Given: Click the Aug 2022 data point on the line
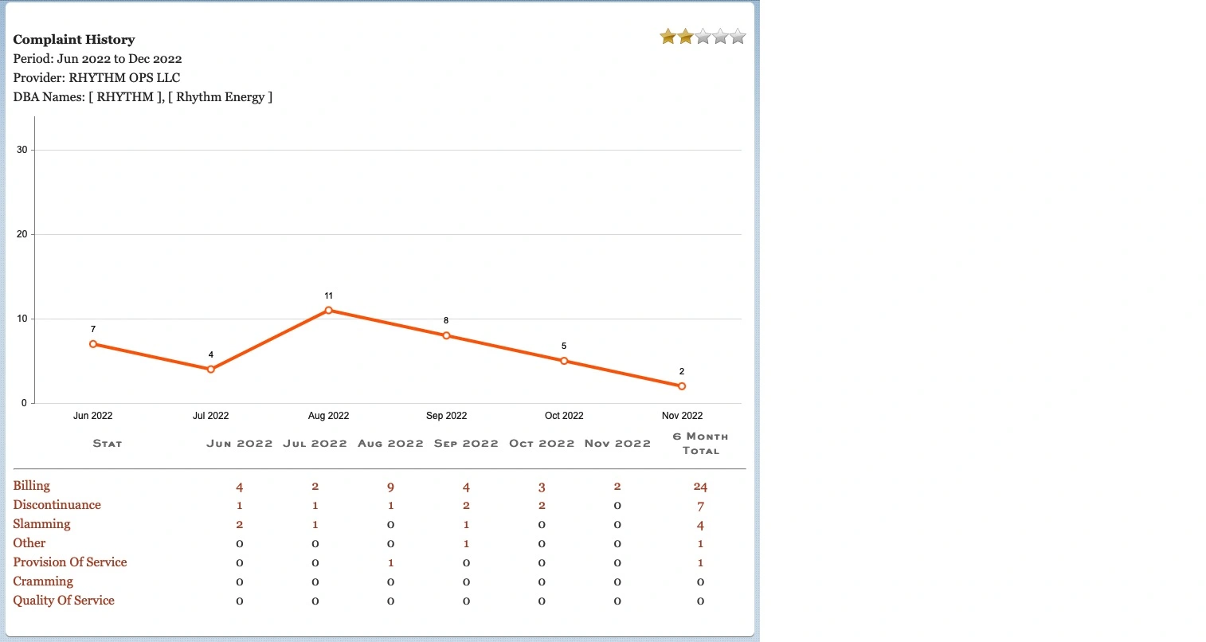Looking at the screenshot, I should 328,311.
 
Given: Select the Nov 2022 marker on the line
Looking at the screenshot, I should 682,386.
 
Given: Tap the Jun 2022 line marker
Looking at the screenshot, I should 93,344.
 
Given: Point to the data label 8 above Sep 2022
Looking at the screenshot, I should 446,320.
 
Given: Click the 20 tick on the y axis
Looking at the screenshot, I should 22,235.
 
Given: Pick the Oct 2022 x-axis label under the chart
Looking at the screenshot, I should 564,416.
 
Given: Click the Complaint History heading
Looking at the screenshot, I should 74,40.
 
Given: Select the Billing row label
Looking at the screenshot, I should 32,486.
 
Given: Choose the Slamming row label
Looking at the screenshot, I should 41,524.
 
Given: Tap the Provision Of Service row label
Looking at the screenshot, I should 70,562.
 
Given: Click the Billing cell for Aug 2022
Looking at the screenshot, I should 390,487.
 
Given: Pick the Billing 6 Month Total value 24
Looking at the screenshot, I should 700,487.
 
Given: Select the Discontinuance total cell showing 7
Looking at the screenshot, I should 700,506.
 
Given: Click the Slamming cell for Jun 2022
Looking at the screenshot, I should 239,525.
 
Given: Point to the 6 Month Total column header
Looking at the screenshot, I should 700,444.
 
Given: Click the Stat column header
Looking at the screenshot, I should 108,444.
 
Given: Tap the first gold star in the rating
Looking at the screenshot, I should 668,37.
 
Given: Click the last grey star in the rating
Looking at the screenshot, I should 738,37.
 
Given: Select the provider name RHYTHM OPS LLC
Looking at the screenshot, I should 124,78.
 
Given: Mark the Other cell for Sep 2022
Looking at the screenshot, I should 466,544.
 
